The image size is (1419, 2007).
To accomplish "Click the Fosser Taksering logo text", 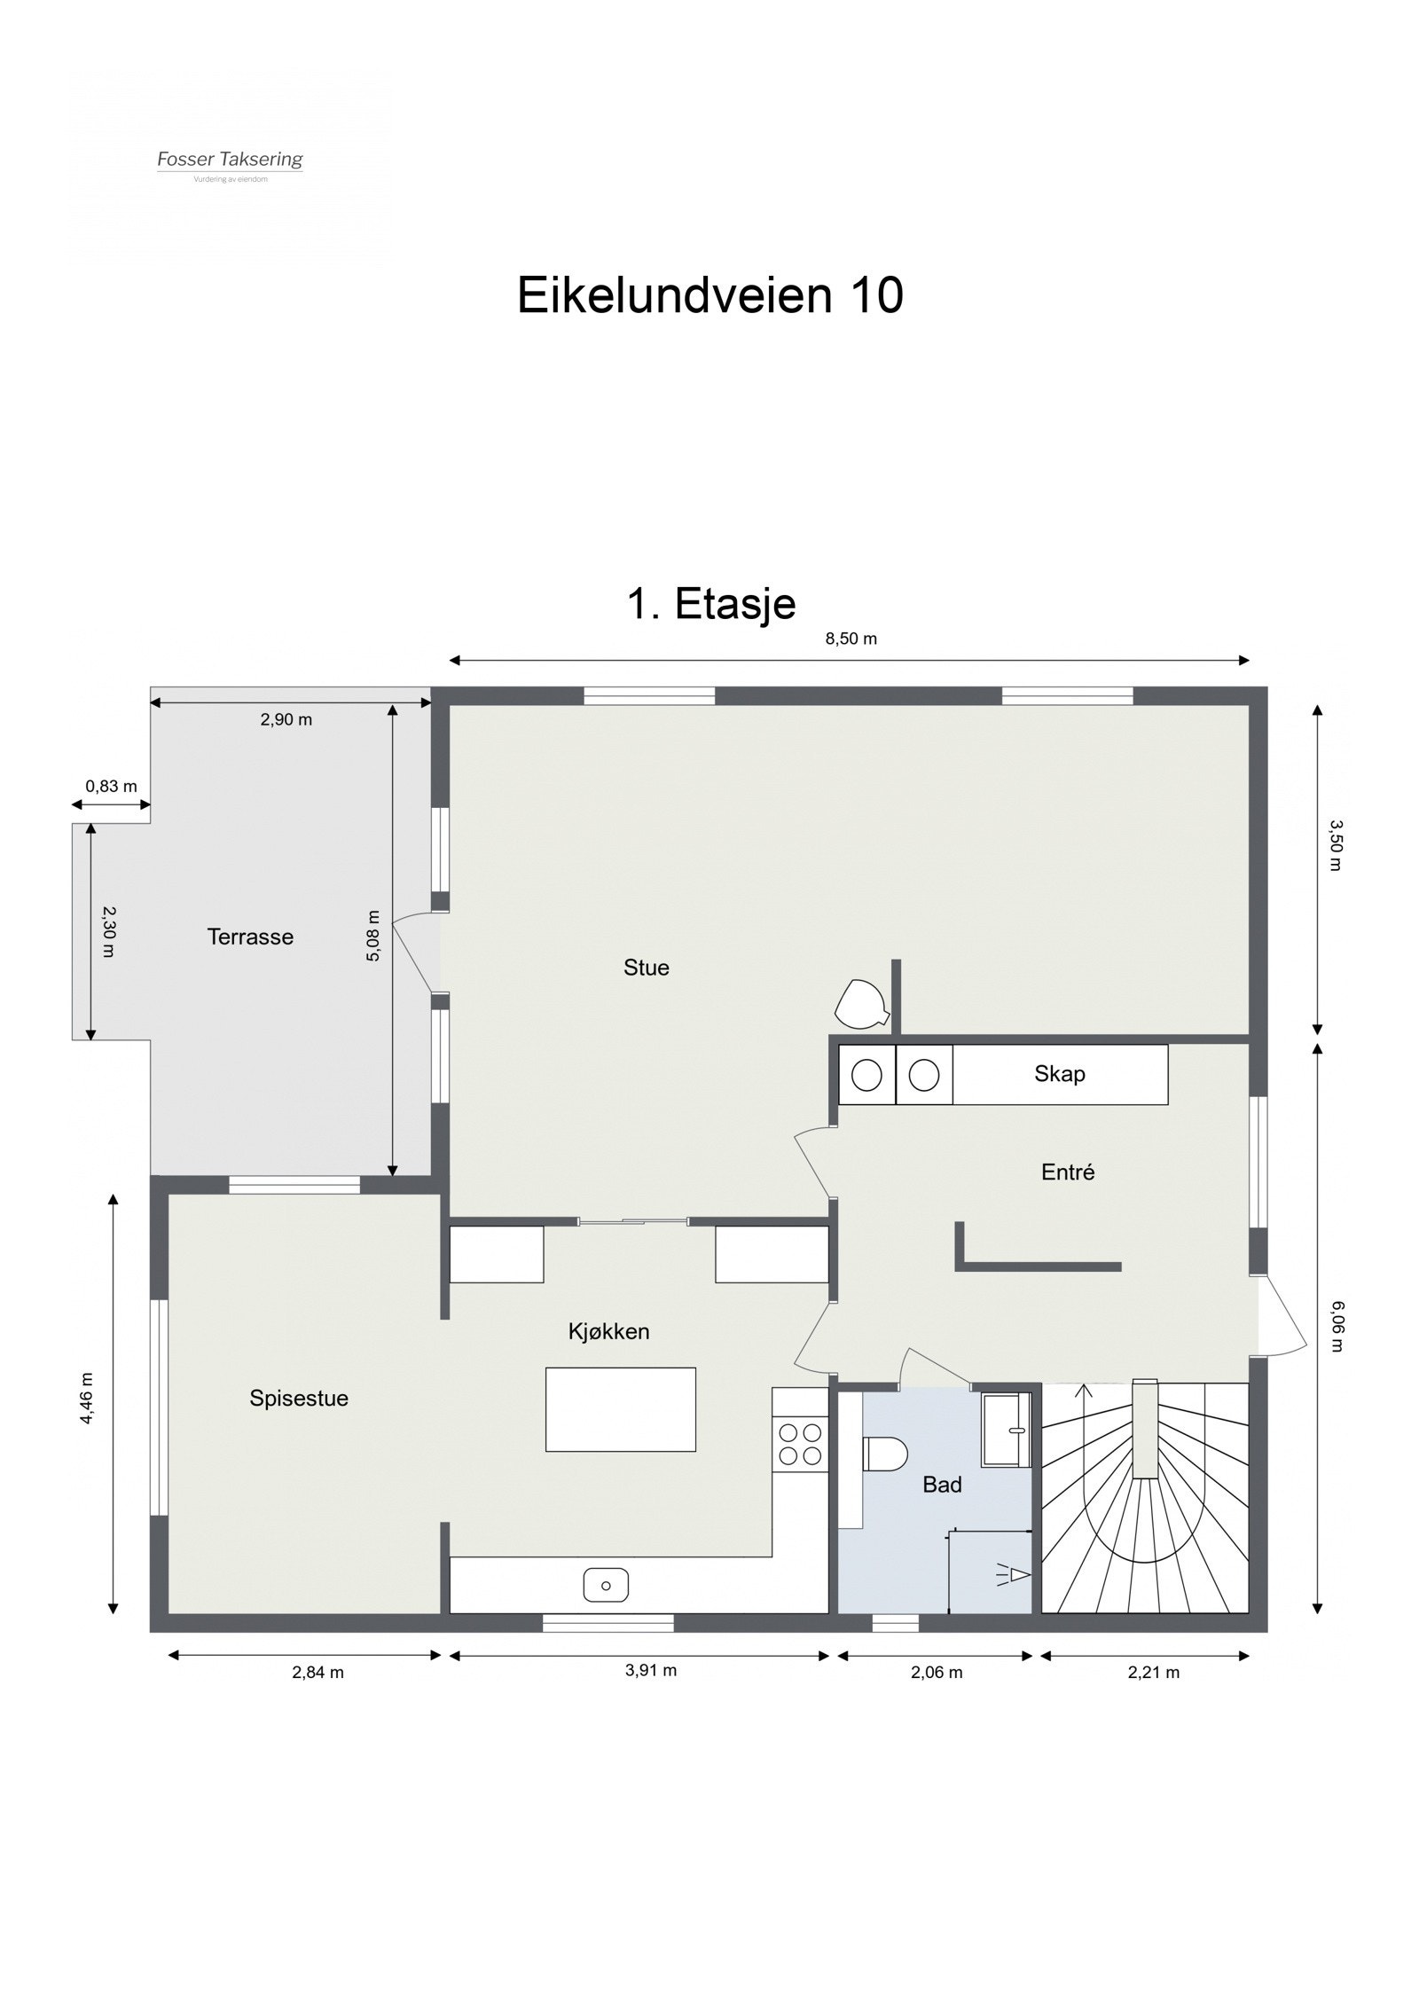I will point(230,160).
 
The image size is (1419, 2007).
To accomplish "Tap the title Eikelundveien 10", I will point(709,294).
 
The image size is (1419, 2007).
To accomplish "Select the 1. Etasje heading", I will point(710,604).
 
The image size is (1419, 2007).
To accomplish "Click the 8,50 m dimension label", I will point(851,639).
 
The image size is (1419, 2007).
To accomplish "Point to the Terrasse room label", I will point(250,937).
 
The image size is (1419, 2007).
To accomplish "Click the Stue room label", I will point(646,968).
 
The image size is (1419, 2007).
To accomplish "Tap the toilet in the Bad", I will point(884,1454).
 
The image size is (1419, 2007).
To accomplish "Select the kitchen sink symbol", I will point(606,1585).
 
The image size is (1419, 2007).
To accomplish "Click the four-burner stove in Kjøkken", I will point(799,1443).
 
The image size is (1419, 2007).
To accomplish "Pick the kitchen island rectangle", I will point(620,1409).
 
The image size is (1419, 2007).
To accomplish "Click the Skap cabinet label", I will point(1059,1074).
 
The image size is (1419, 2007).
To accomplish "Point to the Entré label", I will point(1067,1172).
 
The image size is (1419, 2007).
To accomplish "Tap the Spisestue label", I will point(299,1399).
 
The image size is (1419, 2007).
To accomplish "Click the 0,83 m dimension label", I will point(111,786).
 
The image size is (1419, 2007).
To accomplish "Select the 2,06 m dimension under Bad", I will point(936,1673).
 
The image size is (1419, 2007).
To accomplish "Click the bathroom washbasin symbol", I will point(1006,1429).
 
